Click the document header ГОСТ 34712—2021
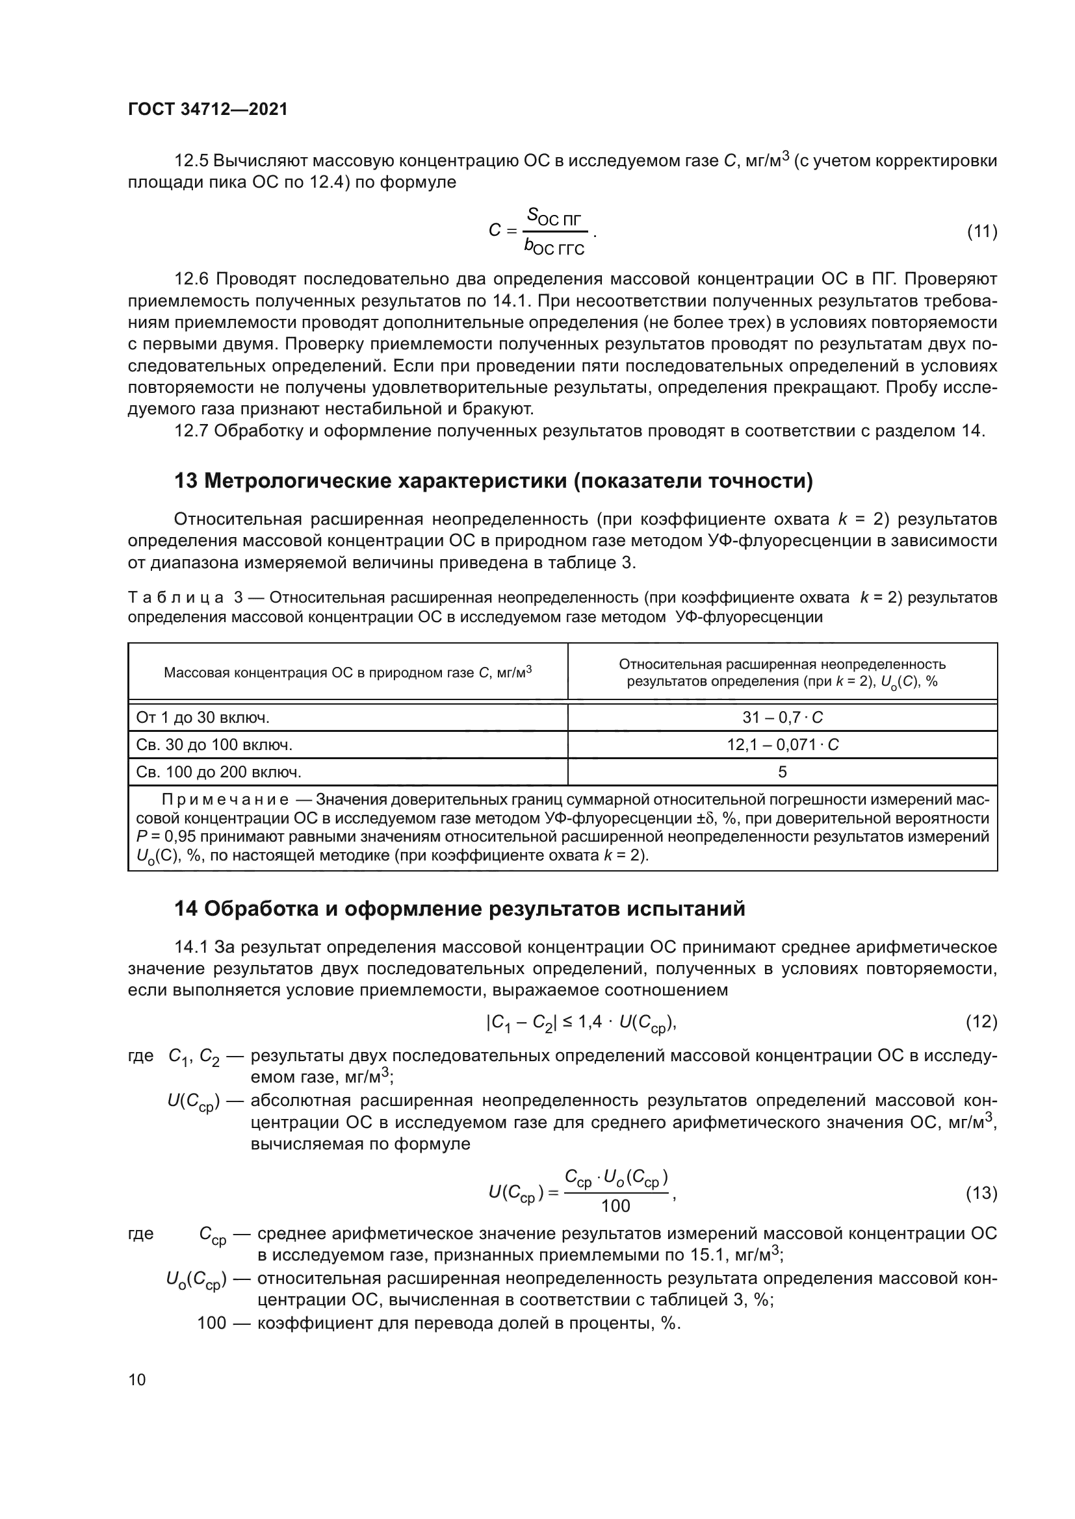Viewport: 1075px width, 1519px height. (x=208, y=109)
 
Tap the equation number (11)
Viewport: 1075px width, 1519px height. (x=981, y=232)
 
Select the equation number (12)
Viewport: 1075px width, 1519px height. (x=981, y=1022)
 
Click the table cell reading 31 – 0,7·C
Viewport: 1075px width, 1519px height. (x=782, y=718)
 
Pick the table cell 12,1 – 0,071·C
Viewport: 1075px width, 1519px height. (x=782, y=745)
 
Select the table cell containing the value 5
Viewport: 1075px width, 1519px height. (x=782, y=772)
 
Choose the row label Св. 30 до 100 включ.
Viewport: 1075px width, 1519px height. (x=214, y=745)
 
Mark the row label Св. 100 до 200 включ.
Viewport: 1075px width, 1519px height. (x=218, y=772)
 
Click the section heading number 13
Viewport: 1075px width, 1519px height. (x=185, y=481)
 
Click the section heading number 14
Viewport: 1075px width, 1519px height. (x=185, y=909)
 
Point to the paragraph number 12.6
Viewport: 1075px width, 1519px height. (x=192, y=279)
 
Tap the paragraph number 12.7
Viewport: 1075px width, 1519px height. (x=192, y=431)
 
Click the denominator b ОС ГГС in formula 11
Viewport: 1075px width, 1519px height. (x=553, y=247)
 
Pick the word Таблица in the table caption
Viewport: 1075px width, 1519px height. (x=175, y=598)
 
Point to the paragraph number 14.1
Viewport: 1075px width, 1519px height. (x=192, y=948)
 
